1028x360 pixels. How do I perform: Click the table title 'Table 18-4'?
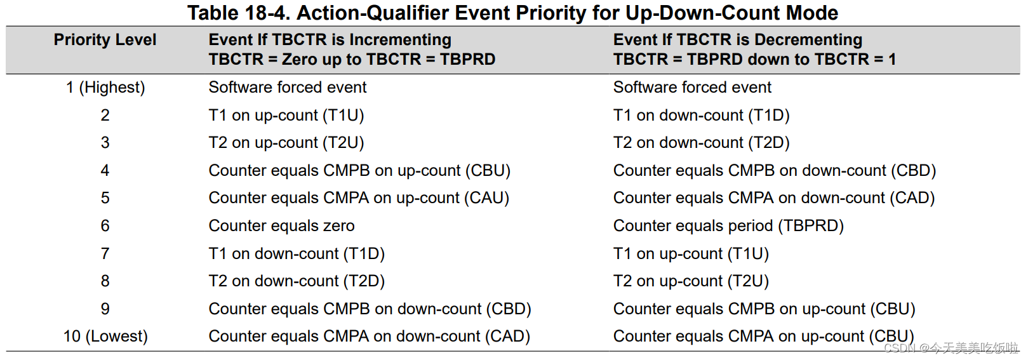point(238,13)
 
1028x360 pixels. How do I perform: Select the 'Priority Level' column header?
point(105,40)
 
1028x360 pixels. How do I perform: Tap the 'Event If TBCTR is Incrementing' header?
point(330,40)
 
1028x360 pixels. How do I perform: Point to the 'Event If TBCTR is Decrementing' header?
point(737,40)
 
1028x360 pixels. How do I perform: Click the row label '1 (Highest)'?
point(105,87)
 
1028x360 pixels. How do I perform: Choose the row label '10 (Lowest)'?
point(105,336)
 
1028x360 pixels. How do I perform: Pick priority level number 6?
point(105,225)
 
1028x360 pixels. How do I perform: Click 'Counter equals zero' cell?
point(281,225)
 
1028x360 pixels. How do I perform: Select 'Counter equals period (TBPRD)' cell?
point(728,225)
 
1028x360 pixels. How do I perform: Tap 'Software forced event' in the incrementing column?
point(287,87)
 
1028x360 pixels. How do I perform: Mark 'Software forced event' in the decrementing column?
point(692,87)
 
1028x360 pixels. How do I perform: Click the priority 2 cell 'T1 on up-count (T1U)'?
point(286,116)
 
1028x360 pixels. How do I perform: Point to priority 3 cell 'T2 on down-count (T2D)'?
point(701,143)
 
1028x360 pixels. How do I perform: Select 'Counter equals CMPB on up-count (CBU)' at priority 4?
point(359,170)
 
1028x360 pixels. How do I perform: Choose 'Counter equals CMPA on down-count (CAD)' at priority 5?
point(774,198)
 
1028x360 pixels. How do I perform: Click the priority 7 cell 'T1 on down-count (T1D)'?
point(297,253)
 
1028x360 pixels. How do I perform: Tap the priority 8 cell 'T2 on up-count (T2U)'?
point(691,281)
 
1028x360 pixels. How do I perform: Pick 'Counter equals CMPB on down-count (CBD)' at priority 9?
point(370,309)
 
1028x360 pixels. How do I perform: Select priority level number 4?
point(105,170)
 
